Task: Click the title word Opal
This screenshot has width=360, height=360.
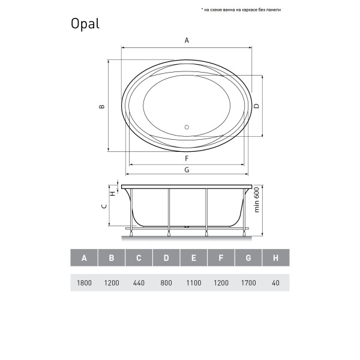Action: (x=85, y=24)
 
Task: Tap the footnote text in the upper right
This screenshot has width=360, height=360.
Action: (x=249, y=10)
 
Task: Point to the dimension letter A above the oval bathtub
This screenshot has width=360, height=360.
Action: (x=187, y=40)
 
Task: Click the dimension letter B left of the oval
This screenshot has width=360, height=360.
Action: (x=102, y=106)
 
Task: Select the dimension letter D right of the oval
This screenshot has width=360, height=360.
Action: (x=256, y=106)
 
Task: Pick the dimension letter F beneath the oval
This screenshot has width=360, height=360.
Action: (x=187, y=158)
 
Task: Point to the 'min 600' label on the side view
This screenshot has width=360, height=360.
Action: (x=256, y=200)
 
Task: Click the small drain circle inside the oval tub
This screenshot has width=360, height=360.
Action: (x=186, y=127)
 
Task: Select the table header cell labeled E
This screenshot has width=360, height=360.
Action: (x=194, y=258)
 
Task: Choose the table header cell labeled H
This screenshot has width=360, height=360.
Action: (x=275, y=258)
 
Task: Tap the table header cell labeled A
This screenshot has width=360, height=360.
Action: (x=84, y=258)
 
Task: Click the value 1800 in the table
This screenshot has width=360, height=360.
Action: (x=84, y=283)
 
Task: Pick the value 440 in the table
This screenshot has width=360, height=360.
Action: (x=139, y=283)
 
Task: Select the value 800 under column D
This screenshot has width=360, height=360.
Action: (x=166, y=283)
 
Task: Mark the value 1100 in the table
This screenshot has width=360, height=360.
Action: (x=194, y=283)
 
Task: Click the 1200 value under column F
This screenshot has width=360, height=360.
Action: (x=221, y=283)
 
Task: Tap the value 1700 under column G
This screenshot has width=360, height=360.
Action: (x=248, y=283)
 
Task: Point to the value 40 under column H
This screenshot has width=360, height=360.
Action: (x=275, y=283)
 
